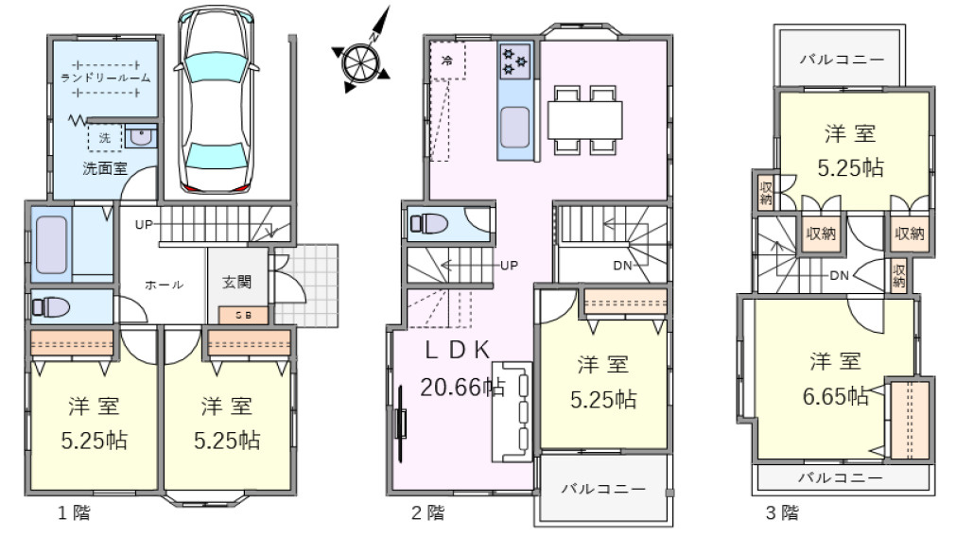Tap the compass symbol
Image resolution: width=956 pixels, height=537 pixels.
click(x=360, y=61)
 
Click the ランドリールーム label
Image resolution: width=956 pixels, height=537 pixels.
click(x=105, y=78)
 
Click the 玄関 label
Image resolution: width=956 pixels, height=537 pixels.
click(x=237, y=282)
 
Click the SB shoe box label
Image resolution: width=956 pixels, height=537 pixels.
click(x=243, y=315)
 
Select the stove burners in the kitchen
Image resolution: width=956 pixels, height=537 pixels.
click(x=514, y=61)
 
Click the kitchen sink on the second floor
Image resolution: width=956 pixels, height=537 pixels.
click(x=514, y=127)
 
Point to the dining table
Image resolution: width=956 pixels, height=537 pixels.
click(x=585, y=120)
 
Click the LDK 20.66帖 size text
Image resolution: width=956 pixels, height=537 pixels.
click(x=462, y=386)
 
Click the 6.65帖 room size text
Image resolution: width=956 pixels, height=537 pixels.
click(x=837, y=396)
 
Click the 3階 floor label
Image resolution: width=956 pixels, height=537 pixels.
click(x=782, y=514)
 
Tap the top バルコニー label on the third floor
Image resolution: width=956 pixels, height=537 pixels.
click(x=843, y=59)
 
